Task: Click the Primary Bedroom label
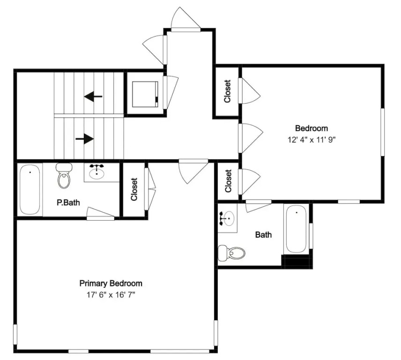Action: click(111, 284)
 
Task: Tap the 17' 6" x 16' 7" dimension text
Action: click(111, 295)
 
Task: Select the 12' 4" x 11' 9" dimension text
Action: click(311, 140)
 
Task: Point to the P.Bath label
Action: click(68, 202)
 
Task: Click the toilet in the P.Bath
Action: click(64, 176)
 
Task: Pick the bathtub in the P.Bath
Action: click(30, 189)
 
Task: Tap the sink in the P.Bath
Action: click(97, 172)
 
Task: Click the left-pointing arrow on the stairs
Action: click(93, 97)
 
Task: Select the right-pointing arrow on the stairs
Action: click(85, 139)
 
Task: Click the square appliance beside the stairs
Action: click(145, 94)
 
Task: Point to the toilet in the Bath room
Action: click(231, 253)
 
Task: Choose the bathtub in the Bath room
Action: click(297, 230)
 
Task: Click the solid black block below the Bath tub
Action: click(297, 261)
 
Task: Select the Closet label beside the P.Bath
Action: click(134, 189)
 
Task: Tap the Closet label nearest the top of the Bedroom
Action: click(227, 91)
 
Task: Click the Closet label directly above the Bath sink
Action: click(228, 181)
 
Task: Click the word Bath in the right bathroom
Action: click(263, 235)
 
